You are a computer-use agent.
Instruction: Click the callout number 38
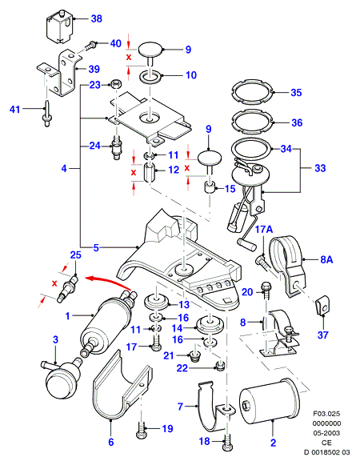coord(96,19)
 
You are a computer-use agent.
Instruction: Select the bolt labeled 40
coord(90,46)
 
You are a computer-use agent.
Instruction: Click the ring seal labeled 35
coord(252,92)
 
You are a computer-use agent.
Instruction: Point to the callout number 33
coord(320,168)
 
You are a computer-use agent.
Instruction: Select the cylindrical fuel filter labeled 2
coord(270,399)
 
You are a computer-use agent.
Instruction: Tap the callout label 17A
coord(264,229)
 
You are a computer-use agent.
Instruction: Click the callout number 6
coord(111,442)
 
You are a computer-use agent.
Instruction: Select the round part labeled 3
coord(62,377)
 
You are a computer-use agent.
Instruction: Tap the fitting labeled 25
coord(68,289)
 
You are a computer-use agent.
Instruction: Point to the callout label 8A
coord(326,260)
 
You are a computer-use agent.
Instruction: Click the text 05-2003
coord(326,433)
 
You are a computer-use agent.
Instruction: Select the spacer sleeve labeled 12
coord(149,173)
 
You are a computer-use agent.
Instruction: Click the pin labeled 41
coord(46,114)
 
